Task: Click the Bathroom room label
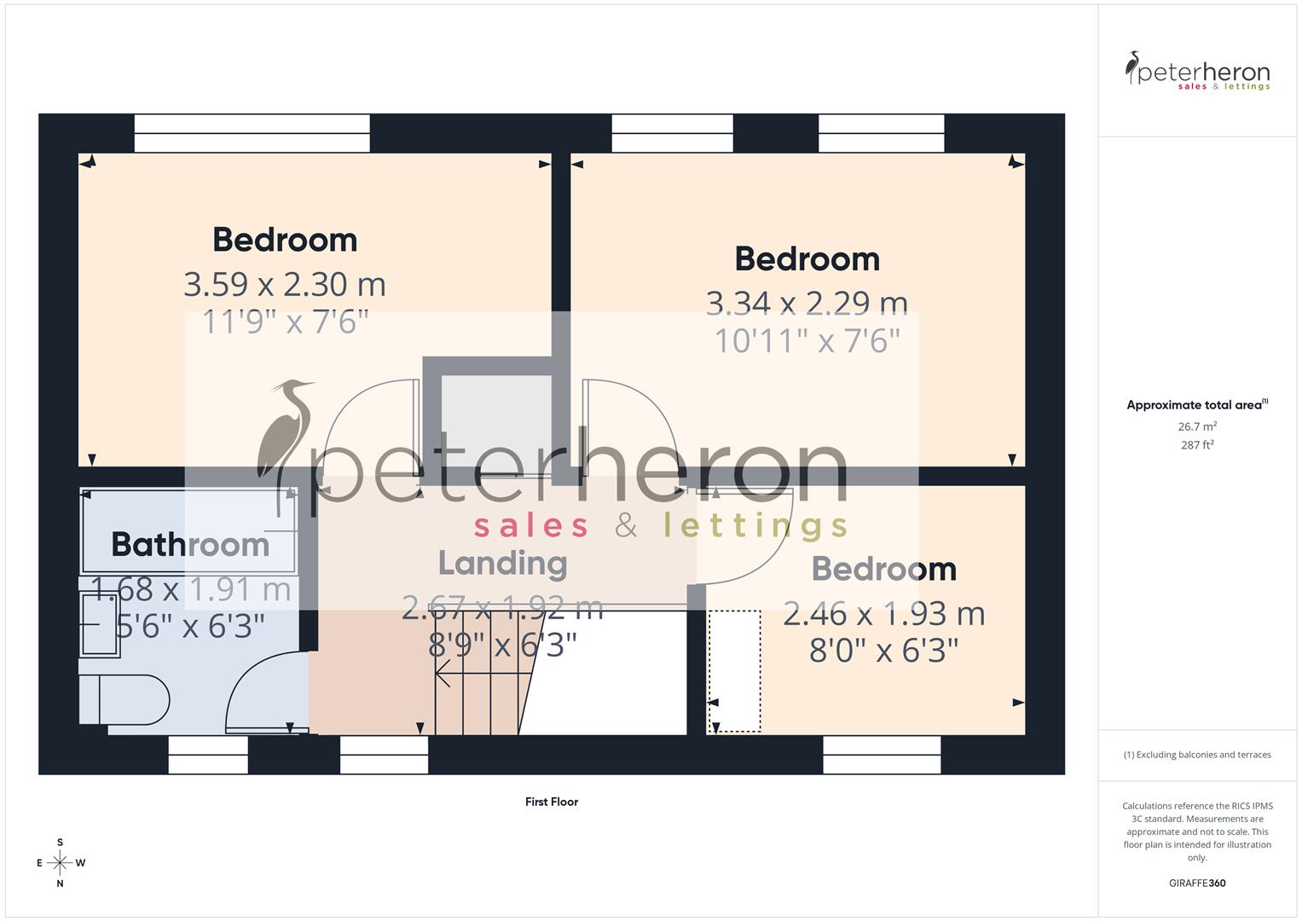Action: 190,544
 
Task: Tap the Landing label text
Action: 502,563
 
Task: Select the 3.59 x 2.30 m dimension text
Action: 285,284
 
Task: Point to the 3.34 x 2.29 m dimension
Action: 807,303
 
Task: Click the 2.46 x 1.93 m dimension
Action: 883,614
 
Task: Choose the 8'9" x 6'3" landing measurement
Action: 502,646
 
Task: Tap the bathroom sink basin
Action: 100,624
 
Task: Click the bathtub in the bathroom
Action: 188,530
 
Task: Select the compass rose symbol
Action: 60,863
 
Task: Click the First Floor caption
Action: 552,802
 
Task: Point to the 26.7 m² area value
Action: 1197,426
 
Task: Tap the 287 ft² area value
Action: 1197,445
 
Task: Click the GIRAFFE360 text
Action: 1197,883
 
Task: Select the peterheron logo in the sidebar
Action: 1197,72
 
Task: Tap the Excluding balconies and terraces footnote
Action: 1197,755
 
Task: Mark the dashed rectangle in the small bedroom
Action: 734,671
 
